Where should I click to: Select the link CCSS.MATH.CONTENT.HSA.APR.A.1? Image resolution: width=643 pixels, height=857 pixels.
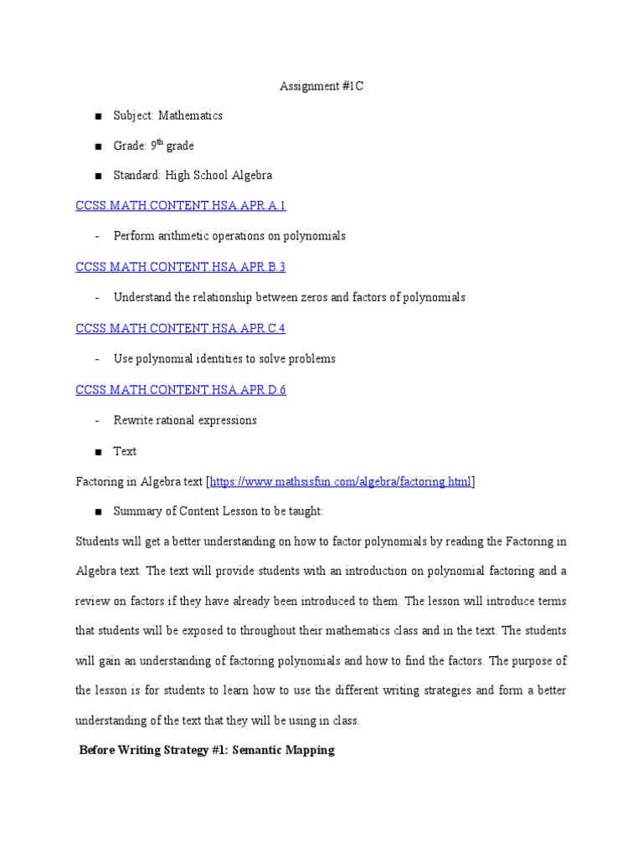(181, 206)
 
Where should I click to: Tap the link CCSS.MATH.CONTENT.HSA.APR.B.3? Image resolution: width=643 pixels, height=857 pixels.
(181, 267)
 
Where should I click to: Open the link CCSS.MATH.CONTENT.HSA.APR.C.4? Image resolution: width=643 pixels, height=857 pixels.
(181, 328)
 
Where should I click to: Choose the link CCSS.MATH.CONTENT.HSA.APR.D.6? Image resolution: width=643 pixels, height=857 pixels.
(181, 390)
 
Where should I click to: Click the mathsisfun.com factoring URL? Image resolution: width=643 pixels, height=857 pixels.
(341, 481)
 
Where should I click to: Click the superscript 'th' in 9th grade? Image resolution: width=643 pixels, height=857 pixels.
(159, 143)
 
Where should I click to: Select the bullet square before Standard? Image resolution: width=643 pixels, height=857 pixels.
(98, 177)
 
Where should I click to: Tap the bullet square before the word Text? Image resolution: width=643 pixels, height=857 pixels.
(98, 452)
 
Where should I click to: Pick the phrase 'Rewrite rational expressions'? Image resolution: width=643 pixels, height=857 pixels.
(185, 420)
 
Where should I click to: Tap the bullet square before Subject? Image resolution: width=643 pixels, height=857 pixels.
(98, 116)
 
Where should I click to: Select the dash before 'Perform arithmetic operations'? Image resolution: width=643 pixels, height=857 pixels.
(98, 237)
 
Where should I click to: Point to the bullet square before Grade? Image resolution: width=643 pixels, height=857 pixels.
(98, 146)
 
